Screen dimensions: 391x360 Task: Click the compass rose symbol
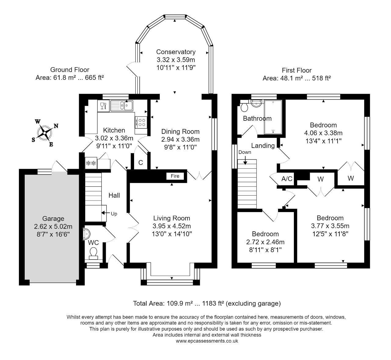coord(45,133)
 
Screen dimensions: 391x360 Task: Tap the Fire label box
coord(175,176)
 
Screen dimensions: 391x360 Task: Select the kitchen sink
coord(122,106)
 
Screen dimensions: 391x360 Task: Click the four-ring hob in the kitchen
coord(141,122)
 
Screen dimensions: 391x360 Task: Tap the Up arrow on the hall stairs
coord(106,213)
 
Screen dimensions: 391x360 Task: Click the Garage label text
coord(53,219)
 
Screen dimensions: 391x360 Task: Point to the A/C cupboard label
coord(287,179)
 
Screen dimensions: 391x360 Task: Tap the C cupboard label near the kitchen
coord(141,163)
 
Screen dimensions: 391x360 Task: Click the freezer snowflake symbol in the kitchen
coord(91,163)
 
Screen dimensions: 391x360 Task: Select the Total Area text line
coord(207,303)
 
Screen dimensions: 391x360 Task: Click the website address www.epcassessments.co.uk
coord(207,341)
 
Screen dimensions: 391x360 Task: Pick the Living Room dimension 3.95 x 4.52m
coord(172,226)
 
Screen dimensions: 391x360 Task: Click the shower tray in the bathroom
coord(273,117)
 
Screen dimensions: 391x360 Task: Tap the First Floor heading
coord(297,70)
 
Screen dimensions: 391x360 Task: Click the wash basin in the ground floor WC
coord(86,233)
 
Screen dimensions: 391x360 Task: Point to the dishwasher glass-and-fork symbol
coord(104,106)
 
